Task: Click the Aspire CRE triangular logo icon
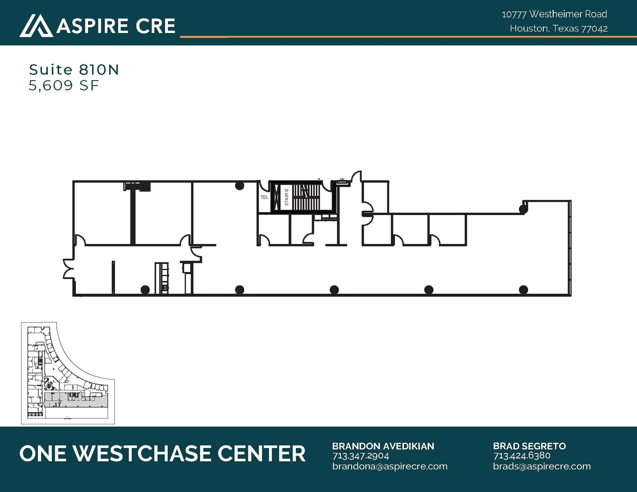36,25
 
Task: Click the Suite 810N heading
74,70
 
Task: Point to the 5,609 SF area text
64,85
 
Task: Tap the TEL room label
264,197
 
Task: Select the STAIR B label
286,197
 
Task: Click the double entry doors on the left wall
68,268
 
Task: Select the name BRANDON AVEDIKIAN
383,446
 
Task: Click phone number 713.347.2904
360,456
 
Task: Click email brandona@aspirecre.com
389,466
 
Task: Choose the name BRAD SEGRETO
529,446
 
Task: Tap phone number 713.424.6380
522,456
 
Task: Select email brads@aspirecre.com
542,466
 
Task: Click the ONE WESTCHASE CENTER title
162,453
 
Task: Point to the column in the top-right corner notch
523,209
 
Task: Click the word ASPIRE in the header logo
92,26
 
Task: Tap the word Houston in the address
529,29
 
